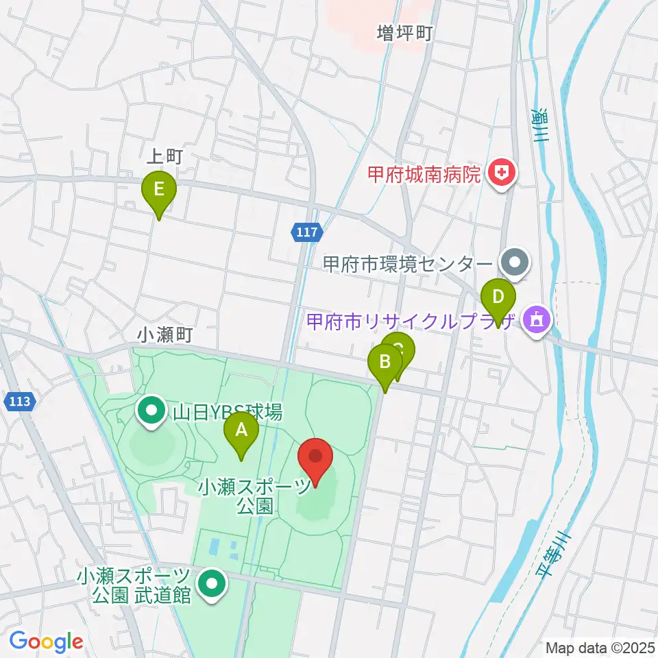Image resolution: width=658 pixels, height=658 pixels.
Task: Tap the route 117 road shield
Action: pos(307,233)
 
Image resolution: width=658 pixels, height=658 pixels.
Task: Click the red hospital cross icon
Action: pos(502,173)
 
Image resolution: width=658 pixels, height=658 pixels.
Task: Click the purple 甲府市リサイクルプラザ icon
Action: pos(536,320)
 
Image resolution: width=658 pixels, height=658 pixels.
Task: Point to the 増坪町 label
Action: pos(404,32)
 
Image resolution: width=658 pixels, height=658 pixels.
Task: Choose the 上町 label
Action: pos(164,157)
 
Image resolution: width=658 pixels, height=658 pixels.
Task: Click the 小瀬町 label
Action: pos(164,334)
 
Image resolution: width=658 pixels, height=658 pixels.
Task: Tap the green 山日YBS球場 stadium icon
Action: pos(150,411)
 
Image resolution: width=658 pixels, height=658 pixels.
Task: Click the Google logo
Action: pos(46,642)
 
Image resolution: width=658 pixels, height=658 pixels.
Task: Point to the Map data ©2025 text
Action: pos(599,646)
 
